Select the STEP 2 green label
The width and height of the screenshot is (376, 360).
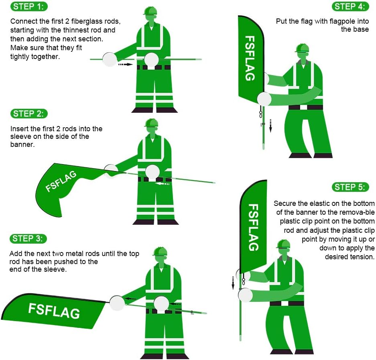click(x=28, y=114)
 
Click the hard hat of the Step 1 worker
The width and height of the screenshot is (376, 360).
click(x=150, y=10)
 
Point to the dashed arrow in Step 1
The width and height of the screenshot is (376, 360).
click(x=125, y=64)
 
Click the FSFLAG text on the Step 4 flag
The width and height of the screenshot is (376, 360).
click(x=250, y=58)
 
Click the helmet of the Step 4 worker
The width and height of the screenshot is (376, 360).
click(x=302, y=48)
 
